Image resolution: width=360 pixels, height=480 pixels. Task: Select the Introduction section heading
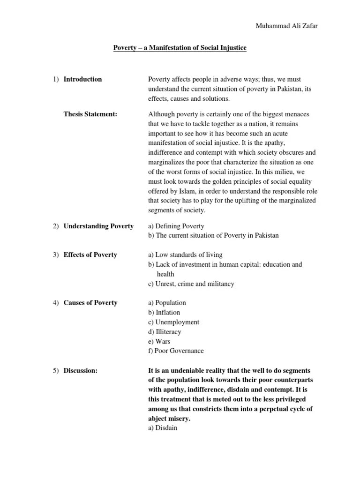(x=82, y=79)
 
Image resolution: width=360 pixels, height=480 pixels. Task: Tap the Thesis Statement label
(x=90, y=114)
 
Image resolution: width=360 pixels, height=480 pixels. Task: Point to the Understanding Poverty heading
(x=98, y=226)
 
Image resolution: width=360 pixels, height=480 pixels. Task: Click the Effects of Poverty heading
(x=90, y=255)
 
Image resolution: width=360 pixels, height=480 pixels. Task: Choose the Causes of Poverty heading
(x=90, y=303)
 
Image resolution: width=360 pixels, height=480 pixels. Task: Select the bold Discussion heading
(x=80, y=371)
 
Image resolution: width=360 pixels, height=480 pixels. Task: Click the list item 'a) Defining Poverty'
(x=176, y=226)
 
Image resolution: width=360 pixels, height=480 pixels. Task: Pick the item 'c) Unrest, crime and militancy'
(x=191, y=284)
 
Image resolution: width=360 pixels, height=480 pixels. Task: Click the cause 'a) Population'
(x=167, y=303)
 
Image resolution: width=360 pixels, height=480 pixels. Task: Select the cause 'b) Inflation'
(x=164, y=313)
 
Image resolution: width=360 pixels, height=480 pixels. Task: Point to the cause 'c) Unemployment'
(x=173, y=322)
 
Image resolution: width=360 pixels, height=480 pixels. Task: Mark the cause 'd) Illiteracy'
(x=165, y=332)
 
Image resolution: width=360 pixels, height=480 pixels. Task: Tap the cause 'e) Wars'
(x=159, y=341)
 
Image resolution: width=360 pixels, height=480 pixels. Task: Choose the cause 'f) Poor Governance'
(x=176, y=351)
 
